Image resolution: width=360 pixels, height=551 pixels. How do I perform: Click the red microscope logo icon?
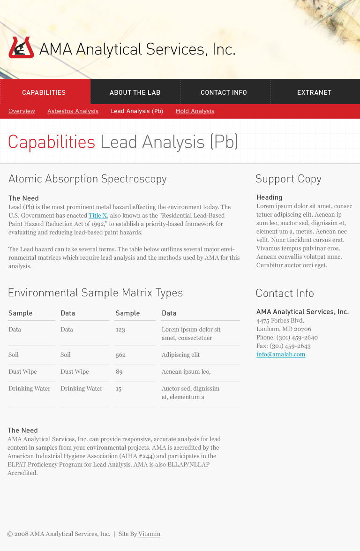(x=21, y=47)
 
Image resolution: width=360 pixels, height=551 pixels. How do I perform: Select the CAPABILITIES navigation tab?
(x=44, y=92)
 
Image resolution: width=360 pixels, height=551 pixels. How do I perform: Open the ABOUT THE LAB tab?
(x=135, y=92)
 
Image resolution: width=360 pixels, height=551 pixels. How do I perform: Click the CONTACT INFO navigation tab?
(x=224, y=92)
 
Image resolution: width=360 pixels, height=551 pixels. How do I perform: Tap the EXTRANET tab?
(x=314, y=92)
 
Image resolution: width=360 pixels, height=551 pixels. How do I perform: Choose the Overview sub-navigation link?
(x=22, y=111)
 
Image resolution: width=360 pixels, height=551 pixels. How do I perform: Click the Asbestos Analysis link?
(x=73, y=111)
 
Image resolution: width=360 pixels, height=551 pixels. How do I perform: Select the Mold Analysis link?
(x=195, y=111)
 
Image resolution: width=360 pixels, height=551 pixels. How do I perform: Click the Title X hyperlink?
(x=97, y=215)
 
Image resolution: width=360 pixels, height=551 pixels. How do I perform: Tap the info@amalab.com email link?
(x=280, y=355)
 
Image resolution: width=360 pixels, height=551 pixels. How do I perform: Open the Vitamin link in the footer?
(x=149, y=534)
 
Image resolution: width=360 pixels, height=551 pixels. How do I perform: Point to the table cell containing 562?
(x=120, y=355)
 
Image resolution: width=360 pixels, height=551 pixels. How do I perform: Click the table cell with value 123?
(x=120, y=330)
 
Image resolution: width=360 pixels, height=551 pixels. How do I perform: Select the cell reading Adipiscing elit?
(x=180, y=355)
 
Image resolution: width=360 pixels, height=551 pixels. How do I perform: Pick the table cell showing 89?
(x=119, y=372)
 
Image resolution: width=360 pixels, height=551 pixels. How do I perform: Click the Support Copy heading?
(x=288, y=179)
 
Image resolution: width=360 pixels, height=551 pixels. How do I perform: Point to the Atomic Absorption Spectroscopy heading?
(x=87, y=179)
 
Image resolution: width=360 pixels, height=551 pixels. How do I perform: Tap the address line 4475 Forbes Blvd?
(x=280, y=321)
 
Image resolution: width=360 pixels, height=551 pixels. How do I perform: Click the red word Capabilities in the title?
(x=51, y=142)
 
